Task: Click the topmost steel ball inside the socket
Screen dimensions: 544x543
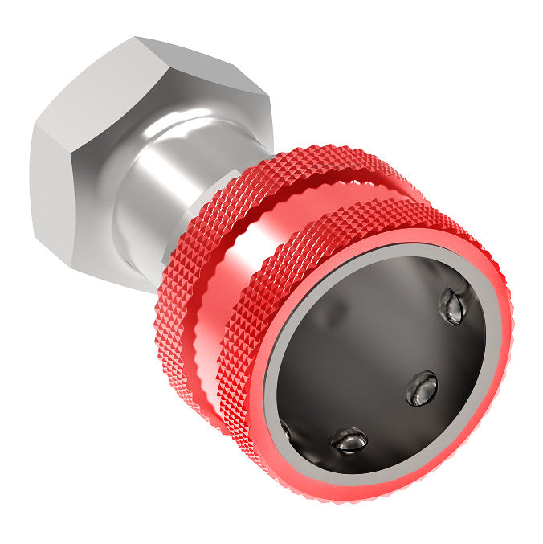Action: [x=453, y=307]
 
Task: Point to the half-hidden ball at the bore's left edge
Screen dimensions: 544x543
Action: [x=284, y=429]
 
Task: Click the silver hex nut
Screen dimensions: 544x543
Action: [x=120, y=145]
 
